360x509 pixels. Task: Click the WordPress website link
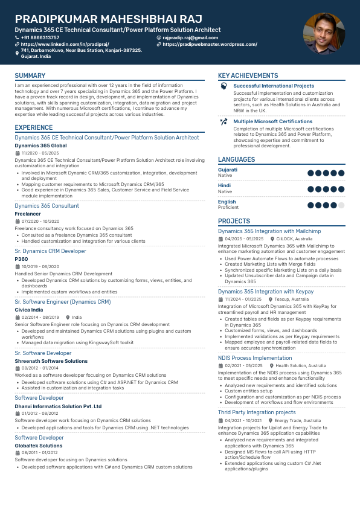click(x=210, y=45)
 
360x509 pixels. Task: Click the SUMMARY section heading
click(x=30, y=76)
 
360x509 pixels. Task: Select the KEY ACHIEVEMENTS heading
click(x=248, y=76)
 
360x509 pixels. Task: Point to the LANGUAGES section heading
click(x=236, y=159)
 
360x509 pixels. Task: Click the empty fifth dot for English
click(x=341, y=205)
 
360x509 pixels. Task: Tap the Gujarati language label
click(x=228, y=170)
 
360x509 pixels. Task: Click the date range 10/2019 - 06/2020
click(x=40, y=266)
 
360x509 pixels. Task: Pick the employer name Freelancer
click(x=28, y=214)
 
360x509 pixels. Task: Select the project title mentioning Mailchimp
click(x=269, y=231)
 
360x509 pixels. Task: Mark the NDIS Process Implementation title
click(x=255, y=358)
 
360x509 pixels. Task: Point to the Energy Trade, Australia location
click(x=297, y=420)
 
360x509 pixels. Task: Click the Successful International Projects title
click(x=274, y=86)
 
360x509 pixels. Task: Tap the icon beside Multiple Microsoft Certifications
click(x=223, y=121)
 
